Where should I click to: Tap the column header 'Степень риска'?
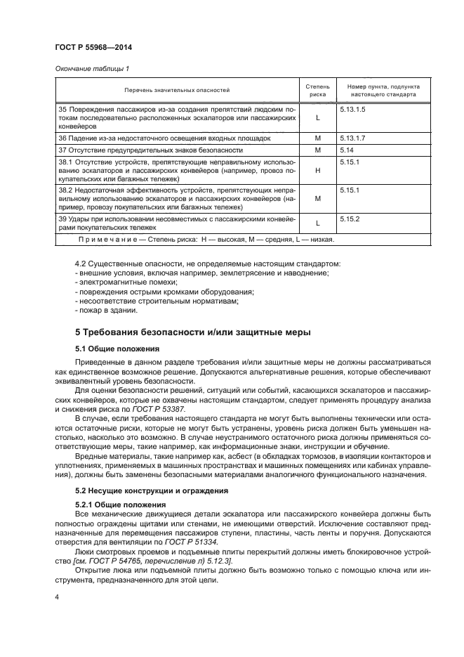coord(317,90)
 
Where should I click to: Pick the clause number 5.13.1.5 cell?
coord(352,111)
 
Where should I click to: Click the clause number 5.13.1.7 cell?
coord(352,138)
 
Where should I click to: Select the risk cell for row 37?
coord(317,150)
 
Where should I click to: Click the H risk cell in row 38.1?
coord(317,171)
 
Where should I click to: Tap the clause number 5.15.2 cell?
coord(350,219)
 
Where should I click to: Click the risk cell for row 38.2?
coord(317,199)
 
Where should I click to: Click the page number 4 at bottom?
coord(57,597)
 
